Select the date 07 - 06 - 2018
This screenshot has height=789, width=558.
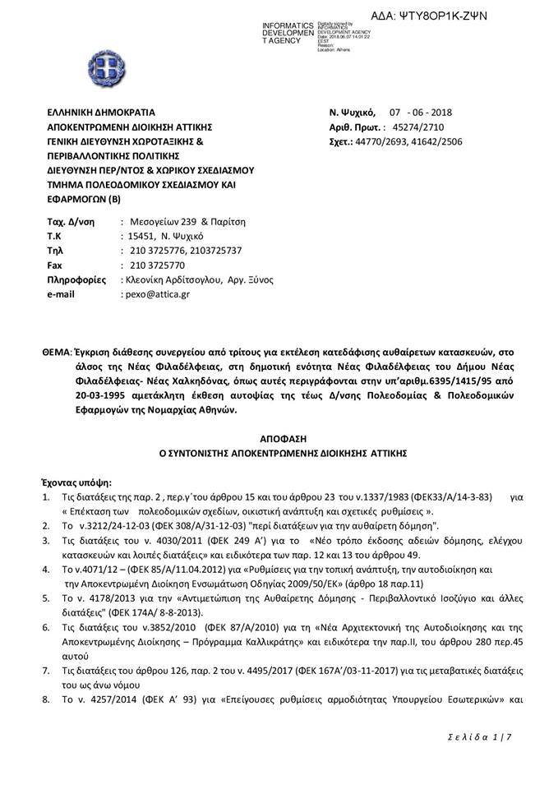421,113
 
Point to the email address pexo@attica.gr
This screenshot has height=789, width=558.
157,293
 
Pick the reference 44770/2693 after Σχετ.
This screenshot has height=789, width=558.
393,141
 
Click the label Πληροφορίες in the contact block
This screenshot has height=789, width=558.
76,279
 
